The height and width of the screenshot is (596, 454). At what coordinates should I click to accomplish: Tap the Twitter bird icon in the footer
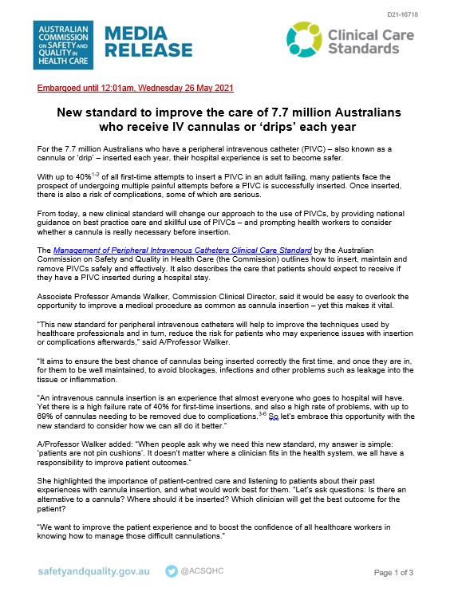click(x=172, y=571)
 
